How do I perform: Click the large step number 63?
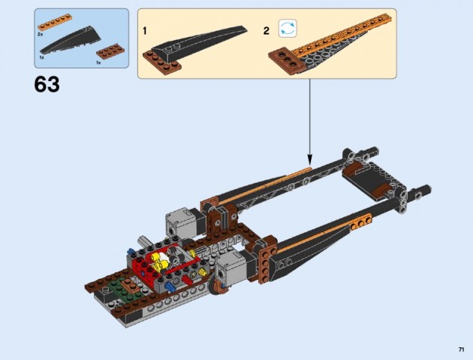(47, 84)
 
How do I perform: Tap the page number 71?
(461, 349)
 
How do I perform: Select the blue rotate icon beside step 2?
(288, 29)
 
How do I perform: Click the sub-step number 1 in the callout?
(145, 31)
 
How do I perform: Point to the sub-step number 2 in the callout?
(266, 31)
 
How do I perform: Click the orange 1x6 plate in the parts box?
(55, 23)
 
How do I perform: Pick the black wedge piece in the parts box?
(70, 40)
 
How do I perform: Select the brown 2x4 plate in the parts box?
(110, 51)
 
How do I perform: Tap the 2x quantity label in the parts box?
(40, 35)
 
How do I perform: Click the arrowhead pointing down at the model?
(310, 159)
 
